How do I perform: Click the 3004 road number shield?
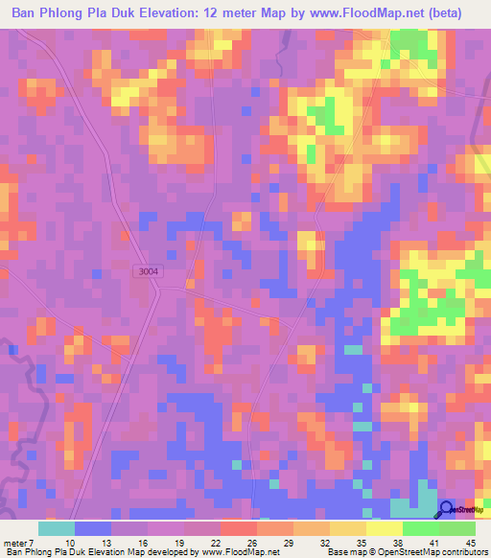click(148, 271)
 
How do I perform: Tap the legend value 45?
click(470, 542)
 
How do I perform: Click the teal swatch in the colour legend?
click(57, 528)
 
